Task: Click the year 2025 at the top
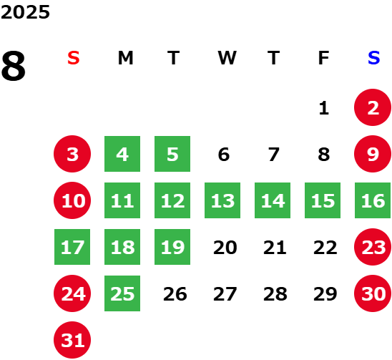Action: tap(25, 12)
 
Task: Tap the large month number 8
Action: tap(14, 66)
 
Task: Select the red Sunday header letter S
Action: tap(74, 58)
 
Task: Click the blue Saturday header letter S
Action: tap(373, 58)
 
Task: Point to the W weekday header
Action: tap(227, 58)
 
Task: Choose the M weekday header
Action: tap(125, 58)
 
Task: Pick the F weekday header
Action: tap(323, 58)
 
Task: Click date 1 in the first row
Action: tap(324, 108)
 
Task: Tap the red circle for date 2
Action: tap(373, 107)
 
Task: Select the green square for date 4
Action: tap(122, 154)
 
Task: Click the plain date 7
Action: tap(273, 155)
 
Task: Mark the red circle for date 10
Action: tap(72, 200)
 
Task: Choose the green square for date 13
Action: tap(222, 200)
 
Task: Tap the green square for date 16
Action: tap(373, 200)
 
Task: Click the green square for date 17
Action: tap(72, 247)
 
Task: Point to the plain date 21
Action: tap(275, 248)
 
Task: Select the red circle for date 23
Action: tap(373, 247)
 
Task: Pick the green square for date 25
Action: tap(122, 293)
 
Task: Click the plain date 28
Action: tap(275, 294)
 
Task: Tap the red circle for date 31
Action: tap(72, 340)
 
